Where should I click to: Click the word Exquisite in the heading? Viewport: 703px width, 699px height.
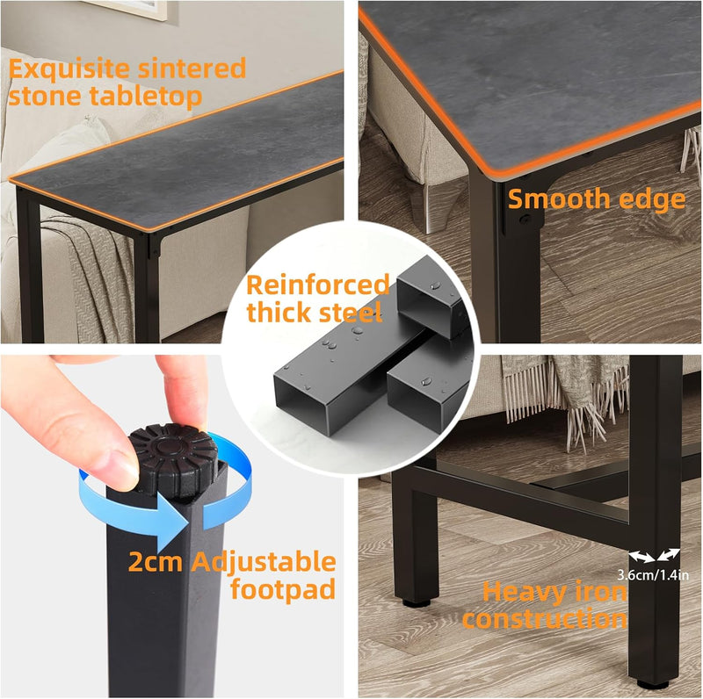coord(69,69)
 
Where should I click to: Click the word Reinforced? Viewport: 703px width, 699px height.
coord(318,285)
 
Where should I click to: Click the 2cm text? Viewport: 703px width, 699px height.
coord(156,562)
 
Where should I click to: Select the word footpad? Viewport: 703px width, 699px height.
coord(283,588)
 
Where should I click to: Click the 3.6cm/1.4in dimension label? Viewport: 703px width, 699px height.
coord(653,574)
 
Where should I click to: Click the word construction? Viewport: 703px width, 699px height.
coord(545,619)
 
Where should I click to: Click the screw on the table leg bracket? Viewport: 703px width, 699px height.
coord(524,220)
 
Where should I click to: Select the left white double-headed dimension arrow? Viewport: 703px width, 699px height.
coord(641,557)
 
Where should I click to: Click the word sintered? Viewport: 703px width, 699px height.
coord(192,68)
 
